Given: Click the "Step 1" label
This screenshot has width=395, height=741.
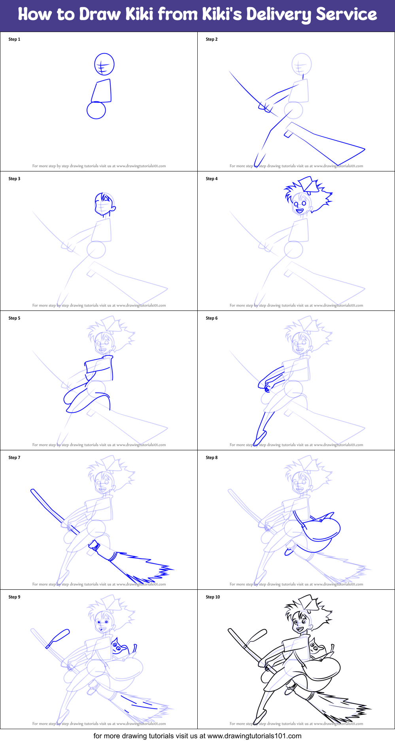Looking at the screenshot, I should [14, 39].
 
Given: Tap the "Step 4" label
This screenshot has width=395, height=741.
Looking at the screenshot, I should [212, 179].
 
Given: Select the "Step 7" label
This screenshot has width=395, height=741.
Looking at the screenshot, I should [14, 458].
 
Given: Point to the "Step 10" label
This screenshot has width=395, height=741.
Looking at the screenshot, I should [213, 597].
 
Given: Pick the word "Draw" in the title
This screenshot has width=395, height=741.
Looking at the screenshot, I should [100, 15].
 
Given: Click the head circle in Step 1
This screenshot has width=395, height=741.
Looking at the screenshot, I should [104, 64].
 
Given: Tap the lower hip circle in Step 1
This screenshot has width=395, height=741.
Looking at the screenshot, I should [96, 110].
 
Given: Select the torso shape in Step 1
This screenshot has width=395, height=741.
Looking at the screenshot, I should [102, 91].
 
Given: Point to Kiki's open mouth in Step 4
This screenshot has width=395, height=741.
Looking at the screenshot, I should [300, 211].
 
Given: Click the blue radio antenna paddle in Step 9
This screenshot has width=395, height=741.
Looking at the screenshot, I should [58, 638].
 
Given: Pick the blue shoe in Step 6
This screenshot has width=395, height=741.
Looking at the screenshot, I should [259, 438].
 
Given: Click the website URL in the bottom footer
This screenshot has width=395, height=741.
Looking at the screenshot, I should [254, 736].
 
